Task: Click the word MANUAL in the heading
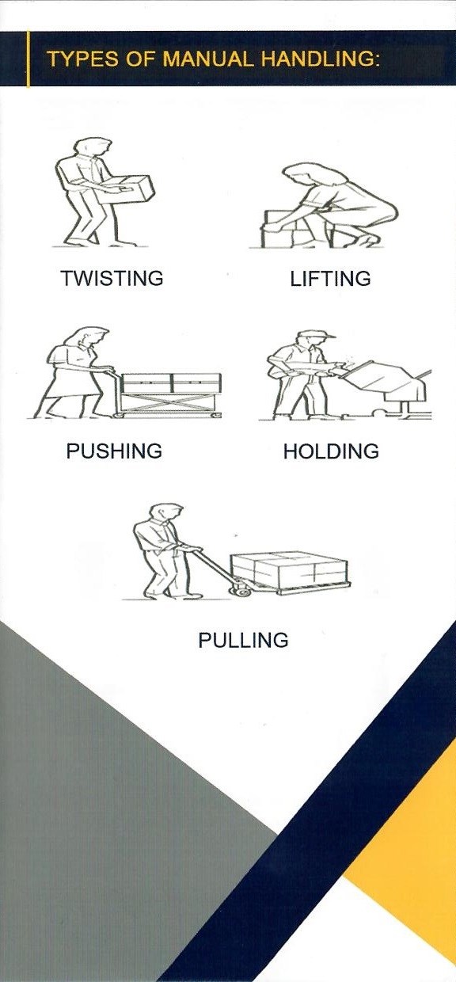coord(207,59)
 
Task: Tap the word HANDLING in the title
coord(320,59)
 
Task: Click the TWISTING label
coord(112,279)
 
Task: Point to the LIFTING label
coord(331,279)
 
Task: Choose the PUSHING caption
coord(114,451)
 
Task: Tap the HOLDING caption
coord(331,451)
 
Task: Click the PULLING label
coord(243,641)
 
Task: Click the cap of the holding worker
coord(316,335)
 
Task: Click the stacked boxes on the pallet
coord(290,569)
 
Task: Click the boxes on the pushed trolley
coord(171,383)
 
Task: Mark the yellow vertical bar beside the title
coord(28,59)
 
